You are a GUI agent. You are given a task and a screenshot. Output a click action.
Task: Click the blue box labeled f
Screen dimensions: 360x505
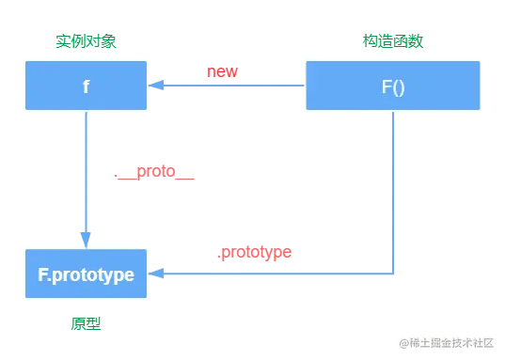(x=86, y=86)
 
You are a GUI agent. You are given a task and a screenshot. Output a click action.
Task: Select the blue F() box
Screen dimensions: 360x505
(x=392, y=86)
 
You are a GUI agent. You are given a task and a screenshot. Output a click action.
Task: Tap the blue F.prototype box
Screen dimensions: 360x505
(x=86, y=274)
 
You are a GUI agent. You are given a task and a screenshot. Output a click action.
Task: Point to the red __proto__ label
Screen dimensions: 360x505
(x=154, y=173)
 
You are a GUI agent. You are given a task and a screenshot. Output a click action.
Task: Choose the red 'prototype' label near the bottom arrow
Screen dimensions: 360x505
(x=255, y=254)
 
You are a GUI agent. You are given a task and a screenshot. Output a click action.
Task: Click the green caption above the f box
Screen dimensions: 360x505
(x=86, y=41)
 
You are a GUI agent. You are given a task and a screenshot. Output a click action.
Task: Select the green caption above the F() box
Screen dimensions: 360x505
(x=393, y=41)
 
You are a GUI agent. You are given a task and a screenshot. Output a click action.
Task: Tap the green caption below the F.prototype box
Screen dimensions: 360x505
(x=86, y=323)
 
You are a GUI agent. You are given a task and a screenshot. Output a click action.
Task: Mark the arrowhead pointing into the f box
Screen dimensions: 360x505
(x=157, y=86)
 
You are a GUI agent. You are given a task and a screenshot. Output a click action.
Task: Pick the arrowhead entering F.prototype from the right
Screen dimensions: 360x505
(x=157, y=274)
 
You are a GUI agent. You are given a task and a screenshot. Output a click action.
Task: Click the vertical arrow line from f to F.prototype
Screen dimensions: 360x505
(x=87, y=174)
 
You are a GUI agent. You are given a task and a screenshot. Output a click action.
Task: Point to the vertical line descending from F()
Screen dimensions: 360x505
(x=394, y=188)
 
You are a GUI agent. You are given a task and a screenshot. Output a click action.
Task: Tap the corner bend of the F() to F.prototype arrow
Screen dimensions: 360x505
(x=394, y=274)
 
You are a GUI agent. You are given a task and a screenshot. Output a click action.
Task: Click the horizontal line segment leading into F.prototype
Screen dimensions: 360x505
(x=273, y=274)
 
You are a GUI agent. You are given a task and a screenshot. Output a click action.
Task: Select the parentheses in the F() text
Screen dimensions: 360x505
(x=399, y=86)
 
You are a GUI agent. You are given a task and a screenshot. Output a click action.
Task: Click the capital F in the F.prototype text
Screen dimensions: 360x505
(x=43, y=275)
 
